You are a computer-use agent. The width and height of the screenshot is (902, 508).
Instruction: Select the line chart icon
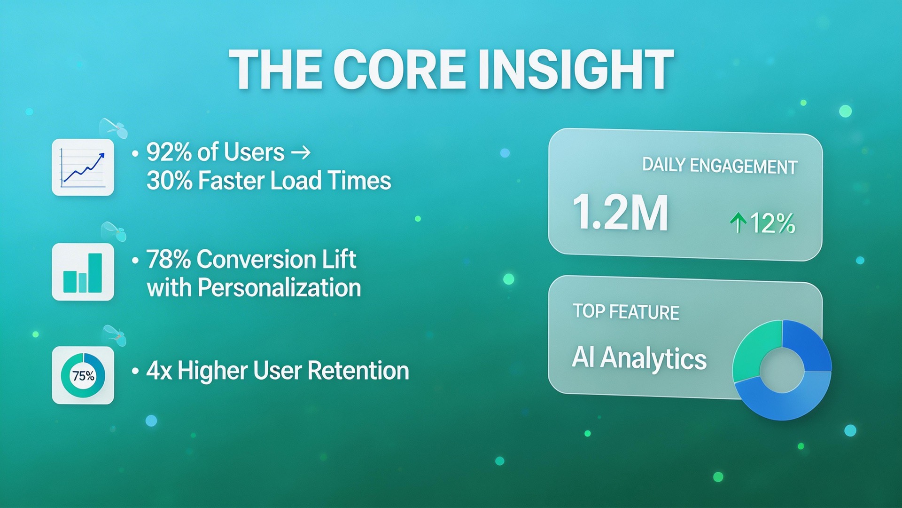(83, 167)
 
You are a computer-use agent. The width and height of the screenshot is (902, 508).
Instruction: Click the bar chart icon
(83, 272)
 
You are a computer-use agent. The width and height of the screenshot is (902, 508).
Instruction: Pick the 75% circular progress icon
(83, 375)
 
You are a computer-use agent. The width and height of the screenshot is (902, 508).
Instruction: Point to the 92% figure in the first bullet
(168, 152)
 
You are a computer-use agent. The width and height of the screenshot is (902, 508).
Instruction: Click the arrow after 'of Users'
(301, 152)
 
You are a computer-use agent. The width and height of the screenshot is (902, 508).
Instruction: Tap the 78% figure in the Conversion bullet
(168, 260)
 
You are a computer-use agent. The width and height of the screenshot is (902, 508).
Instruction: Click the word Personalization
(279, 288)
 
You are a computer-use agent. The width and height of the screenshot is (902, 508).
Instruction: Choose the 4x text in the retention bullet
(159, 371)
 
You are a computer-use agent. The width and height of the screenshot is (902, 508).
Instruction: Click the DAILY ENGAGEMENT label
(719, 166)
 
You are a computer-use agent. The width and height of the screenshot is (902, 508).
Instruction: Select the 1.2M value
(620, 213)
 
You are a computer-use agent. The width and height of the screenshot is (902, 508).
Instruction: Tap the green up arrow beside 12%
(738, 222)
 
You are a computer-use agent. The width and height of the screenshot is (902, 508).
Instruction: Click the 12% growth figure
(772, 223)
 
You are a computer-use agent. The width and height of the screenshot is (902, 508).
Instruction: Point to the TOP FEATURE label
(626, 312)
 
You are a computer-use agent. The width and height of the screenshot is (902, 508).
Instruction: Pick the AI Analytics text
(639, 358)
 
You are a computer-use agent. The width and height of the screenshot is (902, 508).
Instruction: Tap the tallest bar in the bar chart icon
(95, 273)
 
